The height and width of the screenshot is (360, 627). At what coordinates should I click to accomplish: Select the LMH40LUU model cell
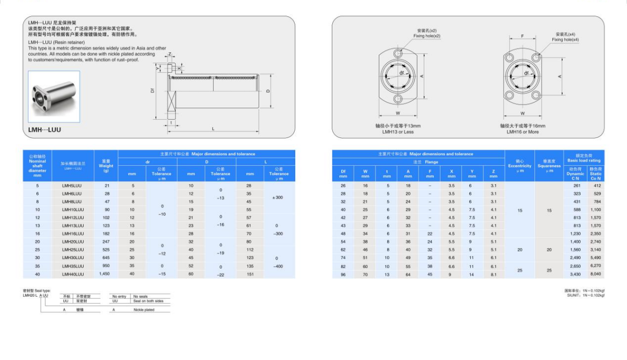[73, 274]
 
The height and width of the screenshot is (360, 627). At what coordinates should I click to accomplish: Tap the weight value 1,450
[105, 274]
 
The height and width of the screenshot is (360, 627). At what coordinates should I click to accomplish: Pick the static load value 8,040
[596, 274]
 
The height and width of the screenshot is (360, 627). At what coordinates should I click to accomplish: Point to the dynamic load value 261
[576, 185]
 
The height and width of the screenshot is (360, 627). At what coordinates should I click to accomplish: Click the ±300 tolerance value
[278, 198]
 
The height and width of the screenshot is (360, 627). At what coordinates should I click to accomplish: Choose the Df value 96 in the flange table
[343, 274]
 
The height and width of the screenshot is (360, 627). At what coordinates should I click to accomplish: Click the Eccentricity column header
[519, 166]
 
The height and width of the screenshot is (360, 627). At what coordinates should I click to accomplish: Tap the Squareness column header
[549, 166]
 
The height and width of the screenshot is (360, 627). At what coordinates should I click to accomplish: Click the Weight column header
[106, 166]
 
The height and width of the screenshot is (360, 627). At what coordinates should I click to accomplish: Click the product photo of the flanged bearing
[54, 97]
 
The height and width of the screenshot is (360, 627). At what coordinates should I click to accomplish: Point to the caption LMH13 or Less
[398, 132]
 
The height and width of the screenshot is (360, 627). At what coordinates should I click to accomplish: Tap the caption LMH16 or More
[522, 132]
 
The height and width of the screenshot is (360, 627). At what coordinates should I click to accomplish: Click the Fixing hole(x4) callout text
[565, 40]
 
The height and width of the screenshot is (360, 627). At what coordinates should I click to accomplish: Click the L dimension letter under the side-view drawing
[213, 129]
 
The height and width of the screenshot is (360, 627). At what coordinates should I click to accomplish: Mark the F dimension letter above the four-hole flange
[523, 36]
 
